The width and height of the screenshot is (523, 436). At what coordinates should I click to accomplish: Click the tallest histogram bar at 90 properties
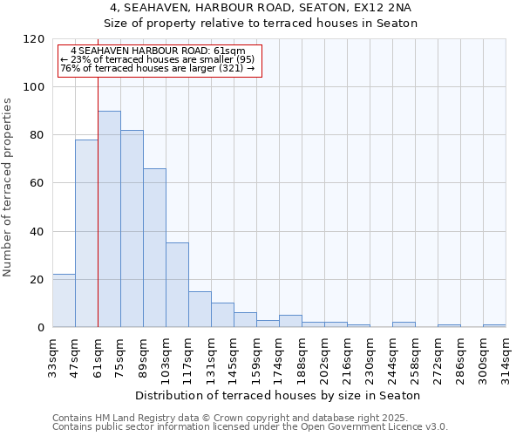point(109,219)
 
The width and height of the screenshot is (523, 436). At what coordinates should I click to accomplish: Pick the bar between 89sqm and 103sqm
point(154,248)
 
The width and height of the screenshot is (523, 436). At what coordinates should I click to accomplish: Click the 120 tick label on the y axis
point(34,39)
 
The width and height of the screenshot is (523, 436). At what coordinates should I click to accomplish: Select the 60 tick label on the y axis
point(37,183)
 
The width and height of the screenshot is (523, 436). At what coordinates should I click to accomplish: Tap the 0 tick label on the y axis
point(41,328)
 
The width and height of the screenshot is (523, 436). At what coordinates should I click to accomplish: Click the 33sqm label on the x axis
point(53,352)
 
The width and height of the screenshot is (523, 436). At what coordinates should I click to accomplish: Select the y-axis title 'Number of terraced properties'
point(8,187)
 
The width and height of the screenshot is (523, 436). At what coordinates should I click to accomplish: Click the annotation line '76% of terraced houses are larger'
point(157,68)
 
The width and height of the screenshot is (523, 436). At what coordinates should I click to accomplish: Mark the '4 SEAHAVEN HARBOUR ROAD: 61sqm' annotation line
point(159,51)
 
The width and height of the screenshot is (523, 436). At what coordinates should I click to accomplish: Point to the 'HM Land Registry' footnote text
point(129,418)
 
